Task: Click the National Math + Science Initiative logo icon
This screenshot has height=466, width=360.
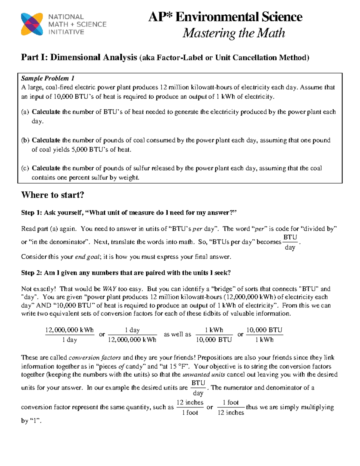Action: (x=32, y=24)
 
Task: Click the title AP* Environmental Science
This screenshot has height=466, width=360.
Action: (x=225, y=17)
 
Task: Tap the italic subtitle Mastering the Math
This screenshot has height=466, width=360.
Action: (x=234, y=33)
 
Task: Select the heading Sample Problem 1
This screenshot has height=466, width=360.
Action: (x=48, y=79)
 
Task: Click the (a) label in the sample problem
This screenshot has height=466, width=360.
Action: (x=25, y=112)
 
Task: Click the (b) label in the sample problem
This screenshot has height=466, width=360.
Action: (x=25, y=140)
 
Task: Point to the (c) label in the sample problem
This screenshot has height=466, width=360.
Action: (x=25, y=168)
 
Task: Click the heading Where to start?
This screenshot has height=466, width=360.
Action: (x=52, y=195)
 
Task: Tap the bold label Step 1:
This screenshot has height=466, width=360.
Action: (x=31, y=213)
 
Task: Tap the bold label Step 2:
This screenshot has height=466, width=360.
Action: (x=31, y=273)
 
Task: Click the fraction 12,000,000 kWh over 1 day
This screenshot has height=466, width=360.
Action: (x=69, y=335)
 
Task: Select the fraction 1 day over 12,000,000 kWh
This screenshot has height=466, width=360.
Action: (x=132, y=335)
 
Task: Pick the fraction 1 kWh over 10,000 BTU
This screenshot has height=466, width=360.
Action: (x=214, y=335)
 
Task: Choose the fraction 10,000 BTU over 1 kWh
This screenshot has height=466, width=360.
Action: (x=264, y=335)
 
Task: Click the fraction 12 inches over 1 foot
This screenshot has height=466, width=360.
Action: (x=190, y=407)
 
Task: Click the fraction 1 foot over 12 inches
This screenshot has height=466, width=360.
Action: (x=231, y=407)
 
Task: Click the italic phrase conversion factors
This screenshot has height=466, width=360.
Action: (x=95, y=358)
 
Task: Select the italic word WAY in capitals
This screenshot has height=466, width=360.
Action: (x=109, y=289)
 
